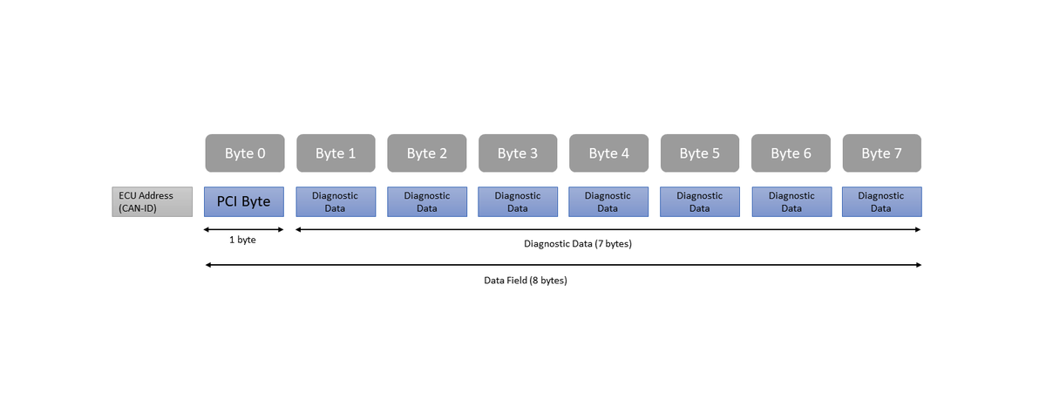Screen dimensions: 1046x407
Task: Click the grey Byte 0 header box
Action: click(x=245, y=153)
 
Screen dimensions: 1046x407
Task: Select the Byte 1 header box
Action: click(x=336, y=153)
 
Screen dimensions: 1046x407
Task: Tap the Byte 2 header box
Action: click(x=427, y=153)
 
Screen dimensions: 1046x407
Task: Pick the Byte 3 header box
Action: click(x=518, y=153)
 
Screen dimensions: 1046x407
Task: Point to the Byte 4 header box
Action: click(x=609, y=153)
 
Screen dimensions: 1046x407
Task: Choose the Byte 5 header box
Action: click(x=700, y=153)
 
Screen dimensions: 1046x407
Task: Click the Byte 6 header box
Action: click(x=791, y=153)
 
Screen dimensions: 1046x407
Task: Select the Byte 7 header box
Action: click(x=882, y=153)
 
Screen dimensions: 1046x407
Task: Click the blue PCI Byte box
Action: click(x=244, y=201)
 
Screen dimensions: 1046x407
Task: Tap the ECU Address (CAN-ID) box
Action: click(x=153, y=201)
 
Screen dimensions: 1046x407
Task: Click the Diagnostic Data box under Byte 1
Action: click(x=336, y=201)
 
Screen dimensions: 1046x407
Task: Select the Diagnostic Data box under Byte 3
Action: click(x=518, y=201)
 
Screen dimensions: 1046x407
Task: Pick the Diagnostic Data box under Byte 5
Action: click(x=700, y=201)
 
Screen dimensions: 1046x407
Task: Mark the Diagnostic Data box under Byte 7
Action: click(x=882, y=201)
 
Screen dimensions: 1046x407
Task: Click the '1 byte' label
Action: click(x=242, y=240)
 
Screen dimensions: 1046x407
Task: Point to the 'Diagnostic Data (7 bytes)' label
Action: click(x=578, y=244)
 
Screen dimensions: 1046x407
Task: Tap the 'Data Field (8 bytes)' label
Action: click(x=526, y=281)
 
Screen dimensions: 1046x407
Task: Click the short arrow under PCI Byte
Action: click(x=244, y=229)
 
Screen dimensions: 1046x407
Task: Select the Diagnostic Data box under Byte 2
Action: click(x=427, y=201)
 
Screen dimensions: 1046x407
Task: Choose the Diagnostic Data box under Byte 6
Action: click(x=791, y=201)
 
